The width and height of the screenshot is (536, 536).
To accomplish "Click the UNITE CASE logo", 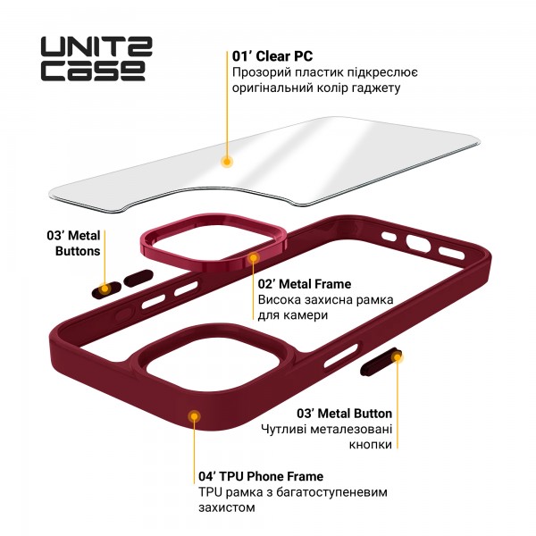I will tap(92, 54).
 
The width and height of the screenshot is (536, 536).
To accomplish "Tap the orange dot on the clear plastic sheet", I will tap(227, 163).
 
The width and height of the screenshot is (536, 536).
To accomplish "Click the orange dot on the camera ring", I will tap(254, 257).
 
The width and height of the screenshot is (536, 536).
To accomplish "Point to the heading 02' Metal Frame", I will tap(305, 284).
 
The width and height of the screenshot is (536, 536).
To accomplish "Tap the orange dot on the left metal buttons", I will tap(106, 289).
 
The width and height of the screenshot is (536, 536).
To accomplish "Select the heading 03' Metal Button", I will tap(344, 413).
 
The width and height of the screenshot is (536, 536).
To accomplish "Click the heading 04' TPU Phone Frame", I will tap(260, 476).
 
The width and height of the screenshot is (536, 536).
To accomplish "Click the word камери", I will tap(307, 315).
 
